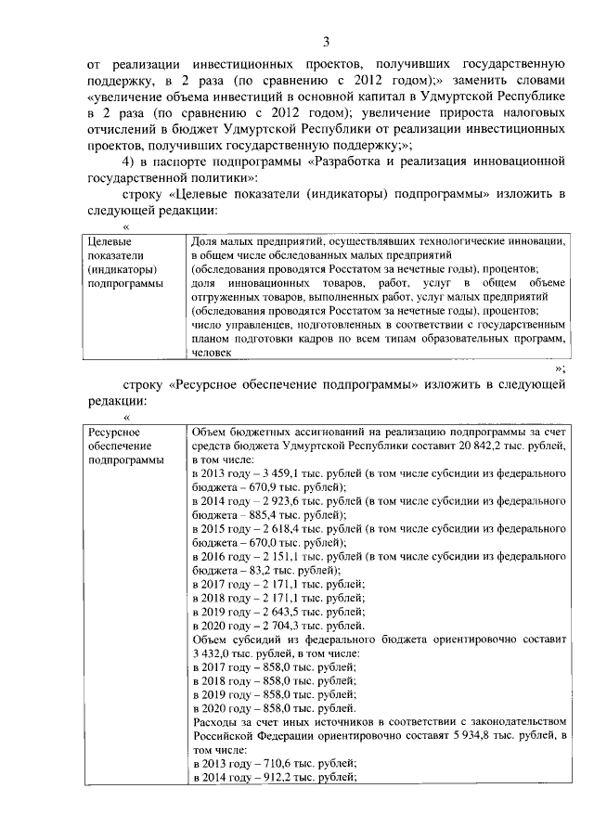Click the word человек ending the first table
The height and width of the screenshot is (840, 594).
[212, 352]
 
